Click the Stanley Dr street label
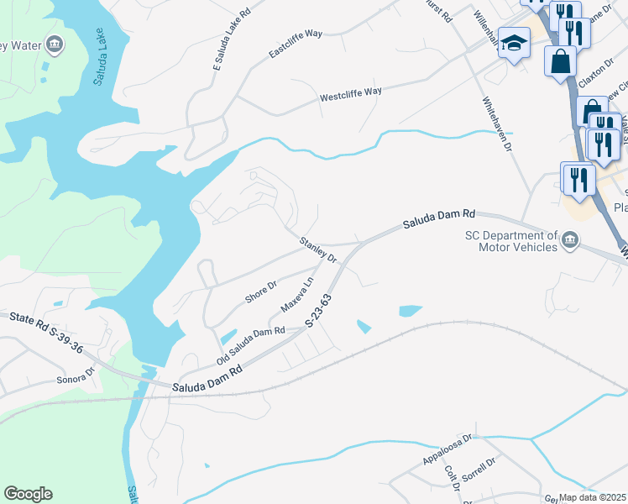[318, 249]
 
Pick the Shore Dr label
[260, 291]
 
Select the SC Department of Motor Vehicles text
[511, 242]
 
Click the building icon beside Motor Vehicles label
[570, 241]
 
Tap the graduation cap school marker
[513, 42]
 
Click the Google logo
[28, 494]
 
